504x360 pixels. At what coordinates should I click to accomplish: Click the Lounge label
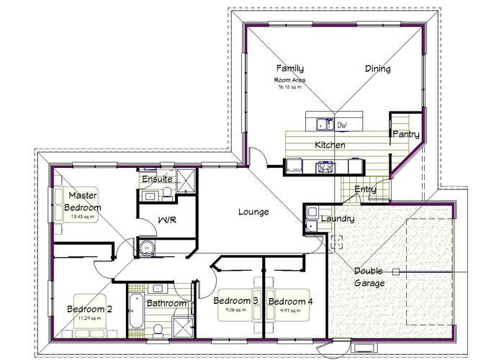(x=253, y=212)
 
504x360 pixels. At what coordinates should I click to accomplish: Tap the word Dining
(x=377, y=69)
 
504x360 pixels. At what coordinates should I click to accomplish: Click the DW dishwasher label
(x=343, y=125)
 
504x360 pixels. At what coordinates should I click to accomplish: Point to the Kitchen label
(x=330, y=145)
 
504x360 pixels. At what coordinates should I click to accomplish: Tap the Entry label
(x=366, y=189)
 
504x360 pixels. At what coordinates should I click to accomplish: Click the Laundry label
(x=336, y=218)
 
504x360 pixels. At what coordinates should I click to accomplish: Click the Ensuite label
(x=156, y=179)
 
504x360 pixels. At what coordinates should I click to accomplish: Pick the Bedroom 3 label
(x=235, y=300)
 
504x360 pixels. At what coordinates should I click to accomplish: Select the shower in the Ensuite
(x=186, y=181)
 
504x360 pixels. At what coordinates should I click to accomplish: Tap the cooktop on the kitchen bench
(x=325, y=167)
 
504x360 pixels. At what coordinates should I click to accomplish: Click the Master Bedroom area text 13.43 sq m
(x=84, y=217)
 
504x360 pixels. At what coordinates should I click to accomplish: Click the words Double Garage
(x=369, y=277)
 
